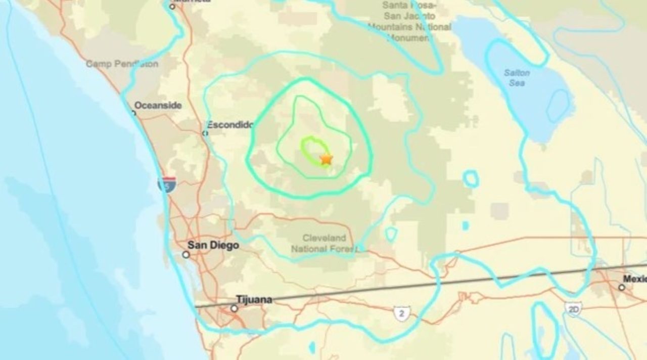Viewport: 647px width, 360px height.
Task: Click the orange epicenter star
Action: [326, 159]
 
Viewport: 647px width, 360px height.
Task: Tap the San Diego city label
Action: [213, 245]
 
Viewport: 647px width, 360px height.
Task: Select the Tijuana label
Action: [254, 300]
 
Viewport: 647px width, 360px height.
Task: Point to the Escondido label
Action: [230, 124]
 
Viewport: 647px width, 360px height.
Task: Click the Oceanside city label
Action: [158, 106]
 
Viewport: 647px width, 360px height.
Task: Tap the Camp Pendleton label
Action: [122, 64]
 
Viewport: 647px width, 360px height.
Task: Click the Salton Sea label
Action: [517, 77]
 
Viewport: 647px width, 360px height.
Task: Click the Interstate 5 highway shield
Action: [167, 185]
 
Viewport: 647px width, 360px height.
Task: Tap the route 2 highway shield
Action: [401, 313]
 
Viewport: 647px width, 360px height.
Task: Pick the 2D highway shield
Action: [574, 309]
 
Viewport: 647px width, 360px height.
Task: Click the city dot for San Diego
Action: [186, 255]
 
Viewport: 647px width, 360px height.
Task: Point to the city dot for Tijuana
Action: [234, 308]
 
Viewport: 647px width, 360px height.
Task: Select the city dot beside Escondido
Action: [205, 133]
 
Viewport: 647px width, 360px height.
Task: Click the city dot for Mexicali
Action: [622, 287]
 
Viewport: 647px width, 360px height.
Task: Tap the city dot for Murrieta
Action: [172, 7]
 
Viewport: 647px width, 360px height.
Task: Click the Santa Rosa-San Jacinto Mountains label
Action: [408, 16]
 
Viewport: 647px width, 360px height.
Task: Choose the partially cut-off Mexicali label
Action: [634, 279]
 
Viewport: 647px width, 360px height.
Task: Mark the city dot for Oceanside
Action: [134, 113]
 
